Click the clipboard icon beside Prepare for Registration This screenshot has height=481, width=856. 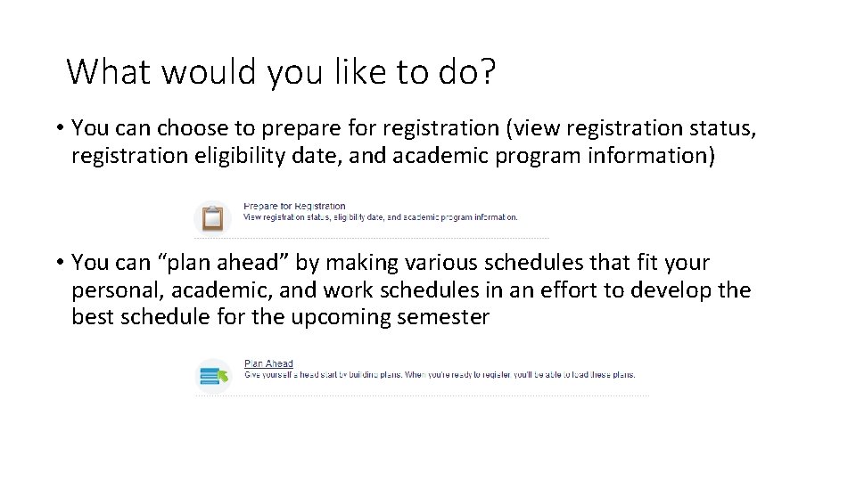pyautogui.click(x=212, y=217)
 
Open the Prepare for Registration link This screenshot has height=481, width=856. pyautogui.click(x=294, y=207)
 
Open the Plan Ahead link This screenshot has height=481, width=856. pyautogui.click(x=268, y=363)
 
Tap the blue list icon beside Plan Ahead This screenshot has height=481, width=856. pyautogui.click(x=213, y=376)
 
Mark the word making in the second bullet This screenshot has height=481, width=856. pyautogui.click(x=365, y=263)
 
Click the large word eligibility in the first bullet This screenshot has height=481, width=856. pyautogui.click(x=237, y=156)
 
